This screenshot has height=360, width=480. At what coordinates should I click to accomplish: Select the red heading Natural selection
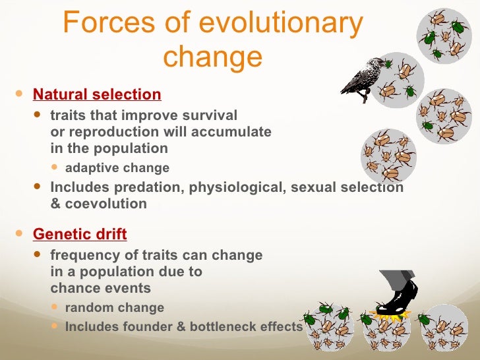(x=97, y=94)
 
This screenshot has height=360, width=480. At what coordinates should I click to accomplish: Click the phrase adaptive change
(x=117, y=167)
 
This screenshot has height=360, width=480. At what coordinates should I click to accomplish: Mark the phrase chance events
(x=100, y=288)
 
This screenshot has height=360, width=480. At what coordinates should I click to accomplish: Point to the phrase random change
(x=114, y=308)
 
